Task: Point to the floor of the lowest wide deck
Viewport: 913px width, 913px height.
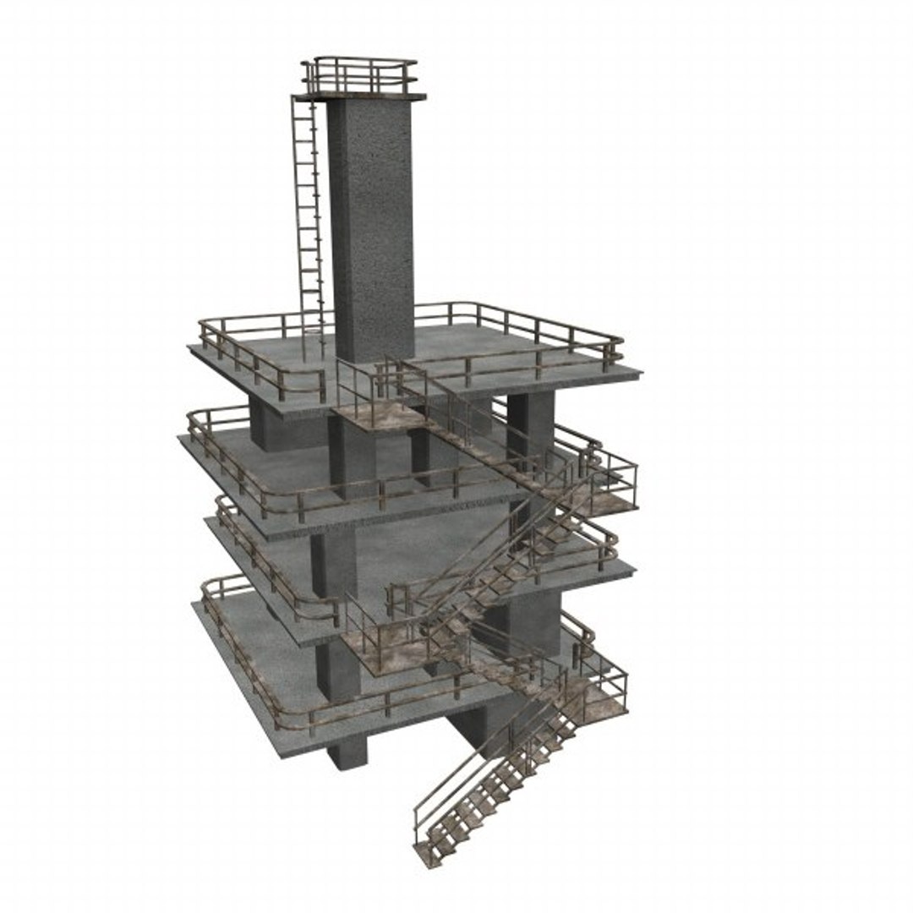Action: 271,668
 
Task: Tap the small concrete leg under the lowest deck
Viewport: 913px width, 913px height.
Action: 347,752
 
